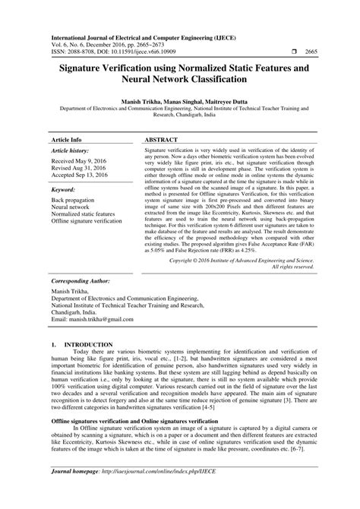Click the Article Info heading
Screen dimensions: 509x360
tap(68, 120)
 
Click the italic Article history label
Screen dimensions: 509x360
tap(71, 131)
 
